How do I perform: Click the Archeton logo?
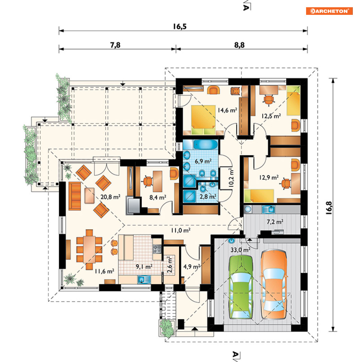point(329,11)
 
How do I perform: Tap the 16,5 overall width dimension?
point(180,26)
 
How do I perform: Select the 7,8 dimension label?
point(115,45)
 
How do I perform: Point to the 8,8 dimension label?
point(239,45)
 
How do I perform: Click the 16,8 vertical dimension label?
point(329,208)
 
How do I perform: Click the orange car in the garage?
point(274,284)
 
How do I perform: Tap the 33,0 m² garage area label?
point(241,250)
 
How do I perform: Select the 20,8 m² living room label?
point(110,197)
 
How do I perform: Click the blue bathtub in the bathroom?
point(206,144)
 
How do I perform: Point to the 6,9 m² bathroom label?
point(203,161)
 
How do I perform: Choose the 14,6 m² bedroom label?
point(227,110)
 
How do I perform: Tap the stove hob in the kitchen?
point(157,249)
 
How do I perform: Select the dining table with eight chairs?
point(89,249)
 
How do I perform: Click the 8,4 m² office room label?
point(158,197)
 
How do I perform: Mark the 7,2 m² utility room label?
point(275,222)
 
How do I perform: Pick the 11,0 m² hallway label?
point(181,230)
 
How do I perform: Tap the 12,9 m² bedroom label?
point(268,177)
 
